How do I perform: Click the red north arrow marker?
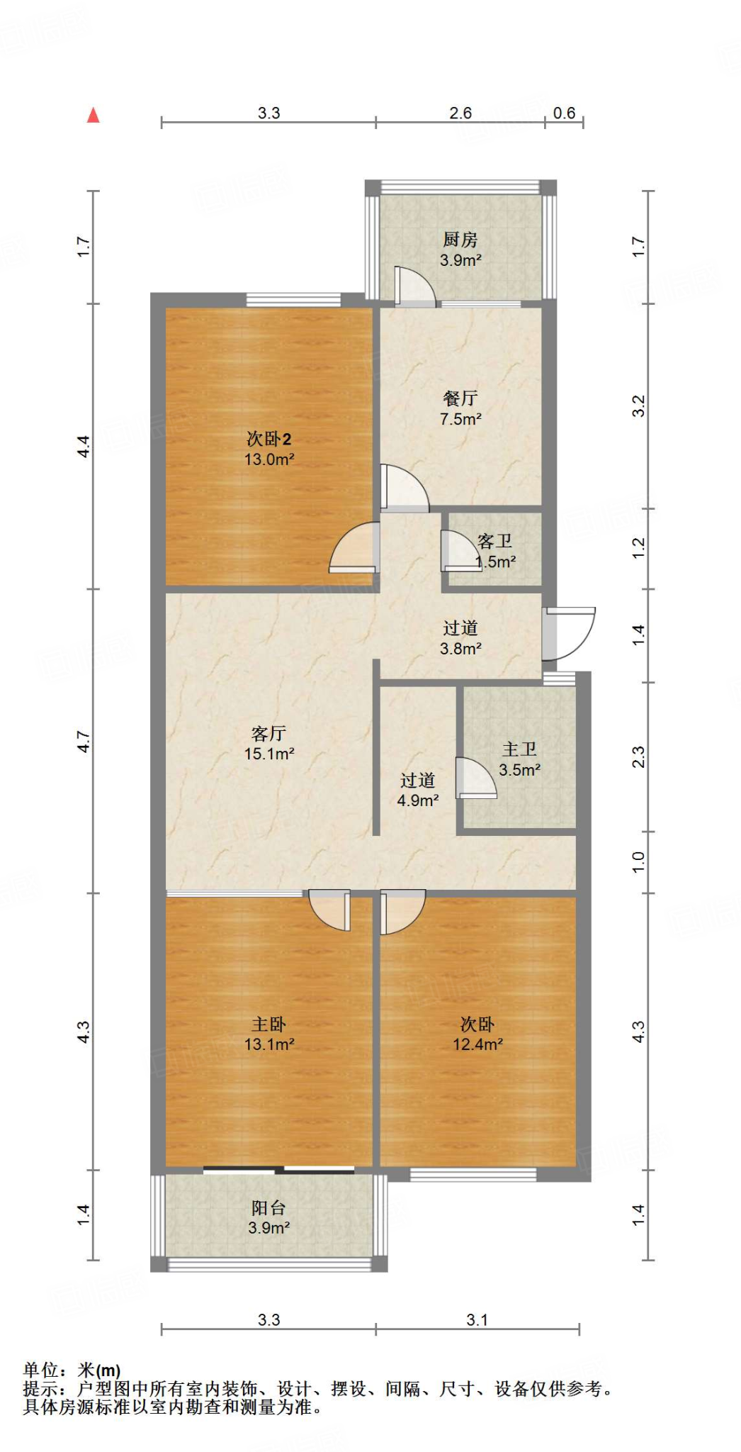tap(93, 116)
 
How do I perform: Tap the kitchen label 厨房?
tap(460, 240)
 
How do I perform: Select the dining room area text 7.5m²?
tap(460, 419)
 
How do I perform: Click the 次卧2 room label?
tap(268, 439)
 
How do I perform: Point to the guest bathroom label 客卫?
tap(494, 542)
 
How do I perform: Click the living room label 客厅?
tap(268, 733)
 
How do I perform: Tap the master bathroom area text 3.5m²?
tap(519, 770)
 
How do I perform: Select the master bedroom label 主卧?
tap(268, 1024)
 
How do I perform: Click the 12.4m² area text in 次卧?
tap(477, 1044)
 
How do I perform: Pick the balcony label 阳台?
tap(268, 1207)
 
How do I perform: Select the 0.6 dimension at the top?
tap(564, 113)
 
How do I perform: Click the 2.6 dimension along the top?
tap(460, 113)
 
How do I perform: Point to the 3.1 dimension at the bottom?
tap(477, 1319)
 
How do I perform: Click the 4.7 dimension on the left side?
tap(84, 742)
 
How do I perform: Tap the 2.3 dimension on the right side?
tap(638, 756)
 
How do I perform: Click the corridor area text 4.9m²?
tap(418, 800)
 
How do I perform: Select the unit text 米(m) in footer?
tap(98, 1370)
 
